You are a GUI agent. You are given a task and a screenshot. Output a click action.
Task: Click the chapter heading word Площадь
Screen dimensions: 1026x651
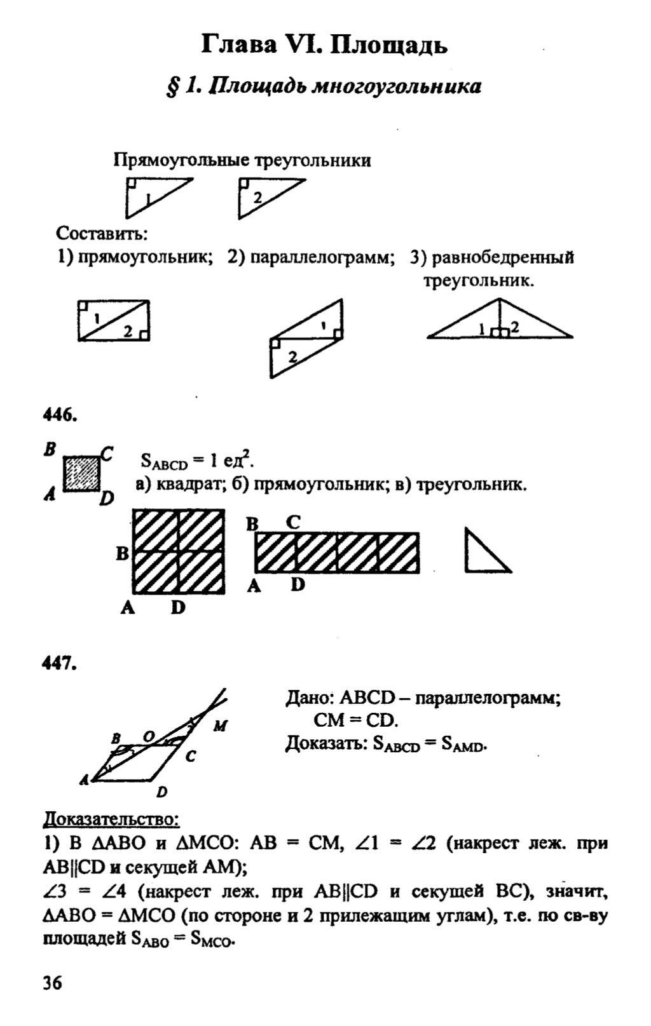[x=389, y=46]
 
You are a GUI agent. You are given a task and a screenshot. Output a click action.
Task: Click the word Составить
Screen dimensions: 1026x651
[x=102, y=233]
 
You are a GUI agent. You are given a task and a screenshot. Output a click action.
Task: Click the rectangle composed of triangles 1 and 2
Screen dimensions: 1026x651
[x=113, y=320]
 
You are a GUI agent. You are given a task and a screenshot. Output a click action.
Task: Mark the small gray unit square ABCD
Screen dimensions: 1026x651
[x=81, y=473]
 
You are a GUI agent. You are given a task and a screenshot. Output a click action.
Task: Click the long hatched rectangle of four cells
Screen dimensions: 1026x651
[x=337, y=553]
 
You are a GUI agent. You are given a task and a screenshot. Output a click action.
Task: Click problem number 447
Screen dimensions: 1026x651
[x=60, y=664]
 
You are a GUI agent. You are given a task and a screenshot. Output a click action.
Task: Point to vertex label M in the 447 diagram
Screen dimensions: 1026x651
[x=219, y=726]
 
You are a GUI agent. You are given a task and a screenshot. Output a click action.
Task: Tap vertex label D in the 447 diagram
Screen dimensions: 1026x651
[x=162, y=792]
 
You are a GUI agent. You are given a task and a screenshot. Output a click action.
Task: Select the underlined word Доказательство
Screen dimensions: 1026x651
[x=106, y=820]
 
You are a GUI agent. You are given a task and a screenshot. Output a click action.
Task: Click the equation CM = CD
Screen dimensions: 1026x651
[x=355, y=720]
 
